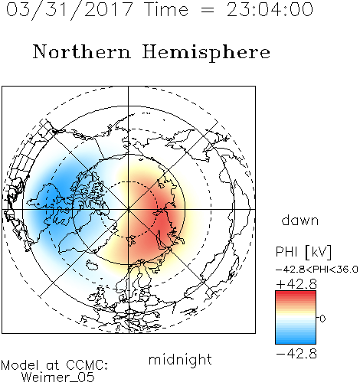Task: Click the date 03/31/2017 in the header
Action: point(70,10)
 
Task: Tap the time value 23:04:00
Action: point(270,10)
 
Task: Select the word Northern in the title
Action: point(82,51)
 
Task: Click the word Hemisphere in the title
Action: point(206,53)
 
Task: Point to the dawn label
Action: point(300,220)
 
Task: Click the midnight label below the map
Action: point(180,360)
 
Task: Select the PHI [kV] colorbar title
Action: point(303,252)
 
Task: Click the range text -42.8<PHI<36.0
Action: point(316,270)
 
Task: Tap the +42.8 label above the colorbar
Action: point(296,284)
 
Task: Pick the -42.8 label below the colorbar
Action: point(296,354)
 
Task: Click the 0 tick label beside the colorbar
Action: point(322,319)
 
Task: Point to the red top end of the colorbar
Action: point(296,293)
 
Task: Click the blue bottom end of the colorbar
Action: point(296,342)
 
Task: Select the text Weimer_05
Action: point(58,378)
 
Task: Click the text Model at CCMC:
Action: point(54,365)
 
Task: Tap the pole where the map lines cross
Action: point(129,209)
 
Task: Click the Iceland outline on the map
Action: point(92,265)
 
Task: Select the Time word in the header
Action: point(166,10)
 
